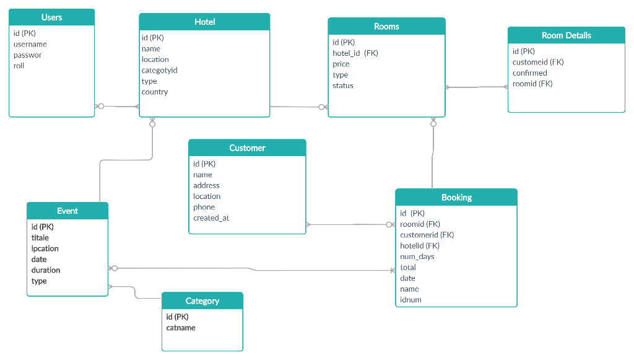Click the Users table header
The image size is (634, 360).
(x=51, y=17)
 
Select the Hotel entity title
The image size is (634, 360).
(x=204, y=22)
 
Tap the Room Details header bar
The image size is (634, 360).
(x=566, y=35)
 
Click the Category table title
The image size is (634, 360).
(x=202, y=301)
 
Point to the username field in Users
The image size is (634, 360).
(x=30, y=44)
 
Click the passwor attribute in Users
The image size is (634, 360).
(x=28, y=55)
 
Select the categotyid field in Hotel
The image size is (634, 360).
(x=159, y=70)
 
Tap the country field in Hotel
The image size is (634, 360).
(x=155, y=92)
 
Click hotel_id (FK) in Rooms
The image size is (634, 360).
(x=355, y=53)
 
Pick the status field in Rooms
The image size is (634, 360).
(x=342, y=86)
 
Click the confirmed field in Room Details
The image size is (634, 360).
(x=529, y=73)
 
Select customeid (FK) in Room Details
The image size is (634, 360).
(x=537, y=62)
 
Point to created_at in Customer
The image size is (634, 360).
(x=211, y=218)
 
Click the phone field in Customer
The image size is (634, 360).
(x=204, y=207)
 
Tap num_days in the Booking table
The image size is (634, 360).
(x=417, y=257)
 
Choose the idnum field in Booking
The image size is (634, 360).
(x=410, y=300)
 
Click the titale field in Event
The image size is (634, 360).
(x=40, y=238)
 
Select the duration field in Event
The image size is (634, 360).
(x=46, y=270)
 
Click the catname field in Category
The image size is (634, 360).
(x=181, y=328)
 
